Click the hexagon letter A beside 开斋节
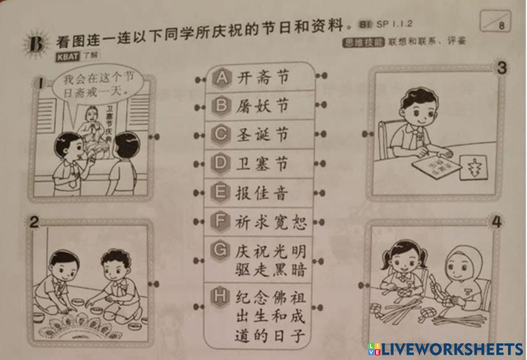[221, 78]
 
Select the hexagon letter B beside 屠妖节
[221, 106]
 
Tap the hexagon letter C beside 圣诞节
[221, 134]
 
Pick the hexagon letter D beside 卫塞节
[221, 163]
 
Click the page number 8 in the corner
[501, 25]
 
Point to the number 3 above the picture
[502, 67]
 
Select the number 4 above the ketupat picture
[496, 222]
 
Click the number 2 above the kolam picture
[34, 223]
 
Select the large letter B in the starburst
[36, 45]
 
